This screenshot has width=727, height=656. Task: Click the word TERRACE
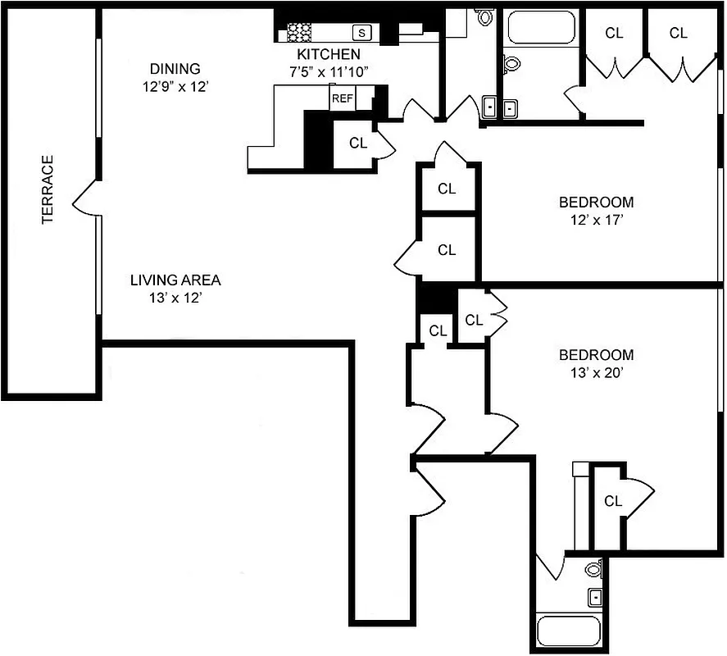pos(48,189)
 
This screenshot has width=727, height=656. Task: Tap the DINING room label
pos(175,69)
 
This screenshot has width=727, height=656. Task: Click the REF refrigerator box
pos(342,98)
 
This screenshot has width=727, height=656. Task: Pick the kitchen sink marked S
pos(362,33)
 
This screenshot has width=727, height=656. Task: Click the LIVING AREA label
pos(175,280)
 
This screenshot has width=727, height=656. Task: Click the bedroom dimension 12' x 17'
pos(596,220)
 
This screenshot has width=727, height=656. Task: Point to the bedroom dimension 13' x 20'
pos(596,373)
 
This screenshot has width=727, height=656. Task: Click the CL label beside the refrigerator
pos(358,142)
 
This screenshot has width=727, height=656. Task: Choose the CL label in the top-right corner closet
pos(678,33)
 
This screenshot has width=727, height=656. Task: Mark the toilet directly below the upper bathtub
pos(512,63)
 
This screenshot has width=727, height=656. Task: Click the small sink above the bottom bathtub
pos(595,596)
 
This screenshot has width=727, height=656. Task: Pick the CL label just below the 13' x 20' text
pos(612,500)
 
